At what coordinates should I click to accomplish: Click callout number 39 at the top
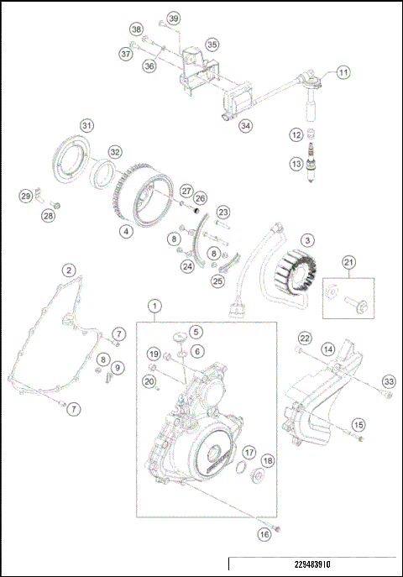click(x=174, y=18)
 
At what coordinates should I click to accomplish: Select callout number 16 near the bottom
click(x=264, y=534)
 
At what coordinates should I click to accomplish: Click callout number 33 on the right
click(x=387, y=382)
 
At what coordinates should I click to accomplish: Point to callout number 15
click(x=359, y=425)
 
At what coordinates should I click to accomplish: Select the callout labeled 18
click(x=267, y=461)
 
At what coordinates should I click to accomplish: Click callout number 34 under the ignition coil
click(x=244, y=126)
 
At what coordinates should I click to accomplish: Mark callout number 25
click(x=217, y=281)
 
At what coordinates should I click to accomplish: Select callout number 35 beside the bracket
click(x=212, y=44)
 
